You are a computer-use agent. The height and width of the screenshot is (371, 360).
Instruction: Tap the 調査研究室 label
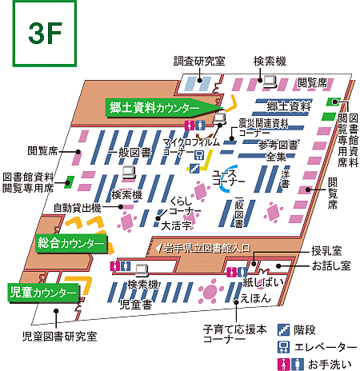pos(200,61)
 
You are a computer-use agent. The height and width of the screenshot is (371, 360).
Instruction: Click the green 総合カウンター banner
pos(70,242)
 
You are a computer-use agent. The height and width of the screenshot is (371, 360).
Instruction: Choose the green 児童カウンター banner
pos(43,293)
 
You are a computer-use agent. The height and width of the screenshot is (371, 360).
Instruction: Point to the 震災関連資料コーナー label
pos(263,129)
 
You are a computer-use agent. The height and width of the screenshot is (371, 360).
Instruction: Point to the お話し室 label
pos(330,265)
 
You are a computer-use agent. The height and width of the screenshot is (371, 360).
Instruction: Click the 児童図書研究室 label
pos(60,337)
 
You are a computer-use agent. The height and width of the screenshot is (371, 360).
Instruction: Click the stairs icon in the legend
pos(282,328)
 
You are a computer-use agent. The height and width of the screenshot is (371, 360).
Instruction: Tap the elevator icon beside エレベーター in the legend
pos(282,345)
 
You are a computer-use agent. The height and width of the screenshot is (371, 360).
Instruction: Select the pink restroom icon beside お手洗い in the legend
pos(282,363)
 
